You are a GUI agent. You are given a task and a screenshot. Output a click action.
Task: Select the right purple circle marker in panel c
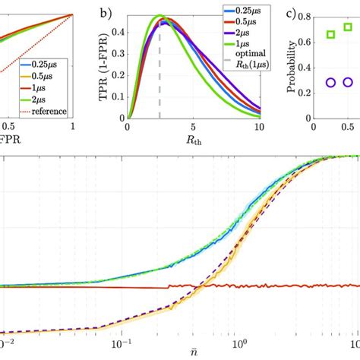pyautogui.click(x=348, y=82)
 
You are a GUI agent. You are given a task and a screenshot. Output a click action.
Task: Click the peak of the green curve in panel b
pyautogui.click(x=159, y=15)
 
